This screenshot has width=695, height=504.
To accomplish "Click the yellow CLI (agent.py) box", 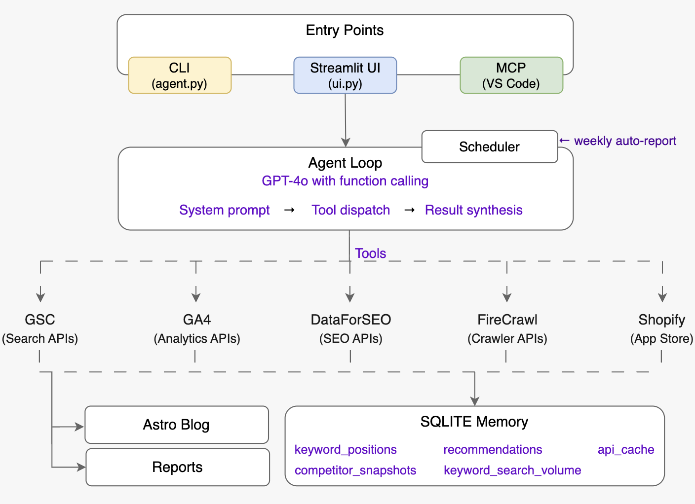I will [180, 75].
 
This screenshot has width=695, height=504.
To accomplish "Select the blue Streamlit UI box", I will [345, 75].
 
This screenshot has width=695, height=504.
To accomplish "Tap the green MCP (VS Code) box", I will [511, 75].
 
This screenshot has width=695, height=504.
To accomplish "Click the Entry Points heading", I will [345, 31].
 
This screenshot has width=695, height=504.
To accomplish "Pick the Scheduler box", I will [489, 147].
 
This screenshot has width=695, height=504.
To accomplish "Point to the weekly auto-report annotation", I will [624, 141].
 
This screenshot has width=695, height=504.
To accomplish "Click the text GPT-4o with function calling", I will [345, 181].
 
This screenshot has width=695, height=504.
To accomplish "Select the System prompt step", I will [224, 210].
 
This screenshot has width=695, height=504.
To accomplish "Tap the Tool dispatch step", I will [350, 210].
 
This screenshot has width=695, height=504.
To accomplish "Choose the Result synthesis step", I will [473, 210].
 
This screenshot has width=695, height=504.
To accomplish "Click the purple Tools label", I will [370, 253].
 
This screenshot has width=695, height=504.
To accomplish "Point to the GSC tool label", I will [40, 320].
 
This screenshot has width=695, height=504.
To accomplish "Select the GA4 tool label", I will [196, 320].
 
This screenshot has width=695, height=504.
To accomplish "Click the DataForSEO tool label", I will [350, 320].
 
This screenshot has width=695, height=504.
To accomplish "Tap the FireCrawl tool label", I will [507, 320].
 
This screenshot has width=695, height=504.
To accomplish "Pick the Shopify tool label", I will [661, 320].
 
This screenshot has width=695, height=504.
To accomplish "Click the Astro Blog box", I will [176, 425].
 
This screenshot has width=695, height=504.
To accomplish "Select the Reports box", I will [177, 467].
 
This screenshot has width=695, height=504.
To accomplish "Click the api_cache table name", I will [625, 450].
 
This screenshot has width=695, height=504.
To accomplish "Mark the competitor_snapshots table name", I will [355, 470].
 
